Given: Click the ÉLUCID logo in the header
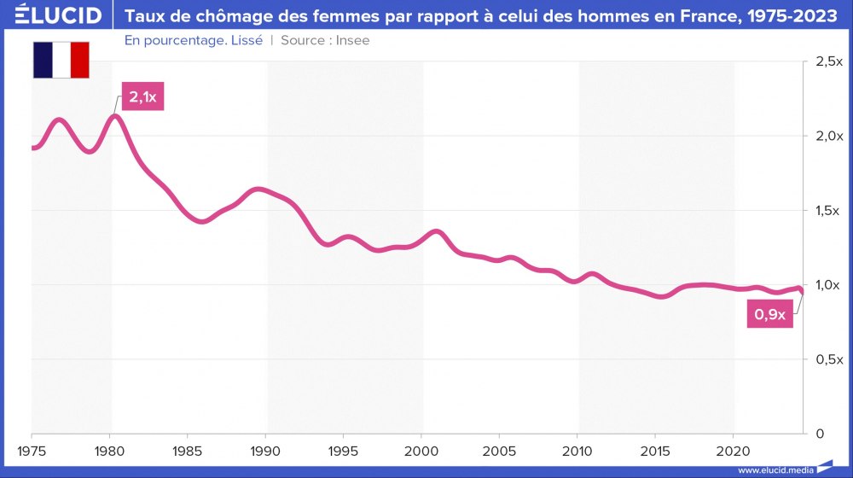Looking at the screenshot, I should coord(52,15).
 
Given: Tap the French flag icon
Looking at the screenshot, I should coord(61,60).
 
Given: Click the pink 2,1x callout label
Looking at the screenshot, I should coord(142,97).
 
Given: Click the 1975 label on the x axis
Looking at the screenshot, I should coord(32,450).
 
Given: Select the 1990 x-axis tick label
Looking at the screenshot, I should coord(266,450).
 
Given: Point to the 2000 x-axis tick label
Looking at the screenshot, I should coord(422,450).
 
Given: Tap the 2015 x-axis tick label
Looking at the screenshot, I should coord(656,450).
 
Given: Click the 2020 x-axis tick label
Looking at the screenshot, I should coord(734,450).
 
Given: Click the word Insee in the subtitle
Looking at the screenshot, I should coord(354,40).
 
